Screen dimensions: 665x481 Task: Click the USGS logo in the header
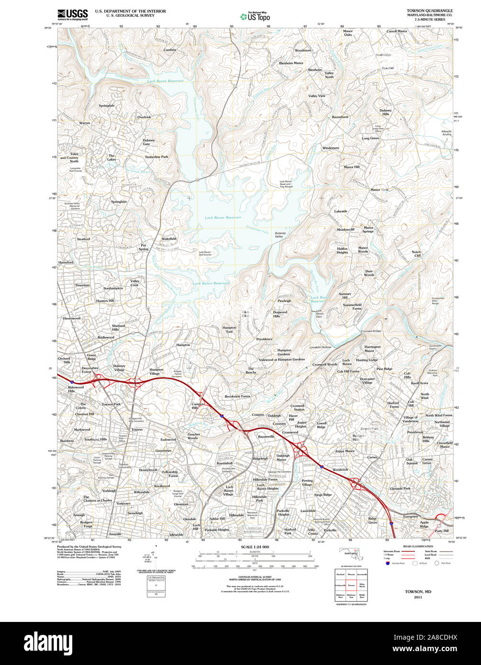[x=72, y=14]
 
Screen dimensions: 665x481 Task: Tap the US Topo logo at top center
[x=255, y=16]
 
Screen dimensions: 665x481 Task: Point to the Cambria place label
[x=169, y=50]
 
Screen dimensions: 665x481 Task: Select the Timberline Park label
[x=157, y=157]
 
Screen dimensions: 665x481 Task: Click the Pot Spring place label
[x=144, y=247]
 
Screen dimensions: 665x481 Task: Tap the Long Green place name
[x=370, y=138]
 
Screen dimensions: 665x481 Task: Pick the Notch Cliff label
[x=416, y=254]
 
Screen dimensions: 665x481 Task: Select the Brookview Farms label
[x=237, y=396]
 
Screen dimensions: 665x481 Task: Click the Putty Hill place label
[x=442, y=531]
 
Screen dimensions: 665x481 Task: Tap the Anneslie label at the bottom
[x=115, y=534]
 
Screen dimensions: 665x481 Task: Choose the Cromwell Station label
[x=297, y=408]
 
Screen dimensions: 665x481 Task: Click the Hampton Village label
[x=156, y=371]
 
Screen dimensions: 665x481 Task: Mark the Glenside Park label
[x=400, y=488]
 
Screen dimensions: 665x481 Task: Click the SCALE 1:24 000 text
[x=255, y=547]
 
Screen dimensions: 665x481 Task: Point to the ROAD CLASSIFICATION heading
[x=407, y=546]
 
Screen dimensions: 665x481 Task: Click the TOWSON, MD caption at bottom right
[x=418, y=592]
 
